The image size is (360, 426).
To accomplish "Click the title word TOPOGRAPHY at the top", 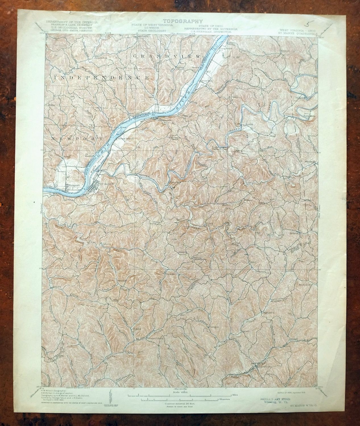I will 183,21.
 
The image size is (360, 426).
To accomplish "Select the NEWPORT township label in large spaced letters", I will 77,138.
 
